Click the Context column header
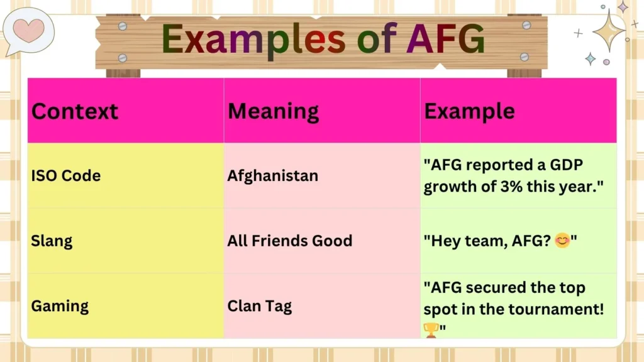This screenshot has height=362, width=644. [x=75, y=111]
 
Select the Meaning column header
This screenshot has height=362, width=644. [x=273, y=111]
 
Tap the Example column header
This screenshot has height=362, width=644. [x=469, y=111]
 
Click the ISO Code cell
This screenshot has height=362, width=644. [x=66, y=176]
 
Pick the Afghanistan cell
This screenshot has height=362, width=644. [x=272, y=176]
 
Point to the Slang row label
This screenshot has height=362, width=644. [x=52, y=241]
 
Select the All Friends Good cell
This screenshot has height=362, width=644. [x=289, y=241]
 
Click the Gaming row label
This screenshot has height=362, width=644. [x=60, y=306]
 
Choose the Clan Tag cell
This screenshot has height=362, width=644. [x=260, y=306]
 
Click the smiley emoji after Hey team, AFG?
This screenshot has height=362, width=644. [x=562, y=241]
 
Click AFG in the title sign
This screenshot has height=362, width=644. [x=445, y=39]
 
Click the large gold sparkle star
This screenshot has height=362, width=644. [x=608, y=30]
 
